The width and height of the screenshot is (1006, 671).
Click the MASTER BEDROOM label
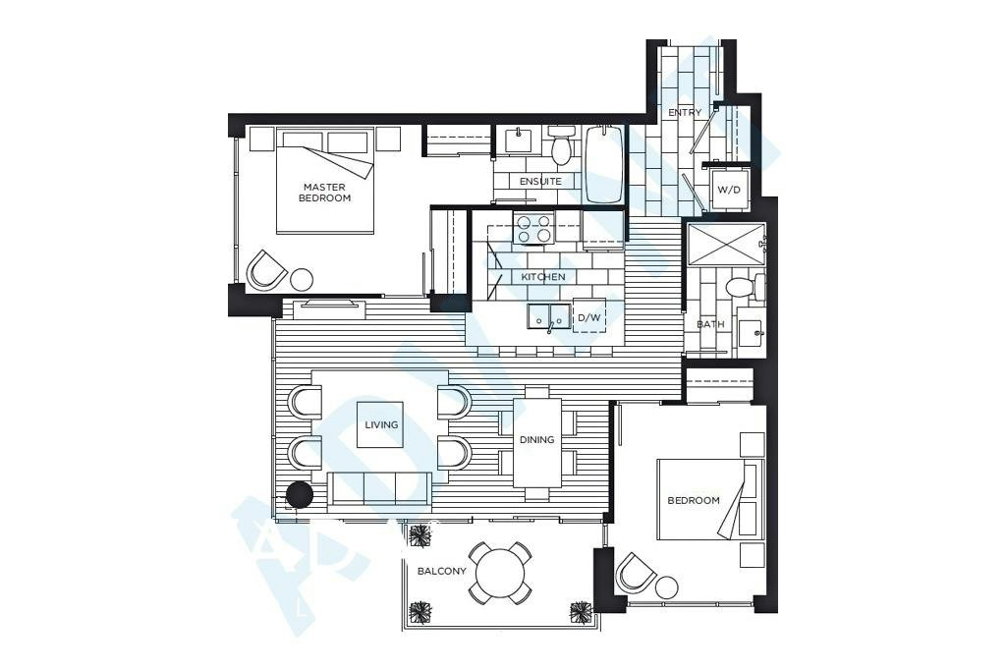[324, 193]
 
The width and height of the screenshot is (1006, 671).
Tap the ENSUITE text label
[540, 182]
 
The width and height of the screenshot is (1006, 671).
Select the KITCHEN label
[542, 277]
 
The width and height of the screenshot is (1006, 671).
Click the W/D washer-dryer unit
[729, 190]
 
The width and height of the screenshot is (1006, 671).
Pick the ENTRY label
[685, 112]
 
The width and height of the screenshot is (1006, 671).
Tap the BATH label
[710, 324]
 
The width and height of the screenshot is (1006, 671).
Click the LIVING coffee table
[380, 424]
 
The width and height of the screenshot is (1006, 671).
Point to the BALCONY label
[441, 571]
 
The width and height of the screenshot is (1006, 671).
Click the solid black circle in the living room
[299, 495]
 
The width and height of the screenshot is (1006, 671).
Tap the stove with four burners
[533, 229]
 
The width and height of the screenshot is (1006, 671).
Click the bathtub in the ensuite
[603, 164]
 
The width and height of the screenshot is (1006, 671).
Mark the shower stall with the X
[725, 243]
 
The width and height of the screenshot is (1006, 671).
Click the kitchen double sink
[548, 315]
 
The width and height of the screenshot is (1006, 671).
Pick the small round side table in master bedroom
[302, 280]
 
